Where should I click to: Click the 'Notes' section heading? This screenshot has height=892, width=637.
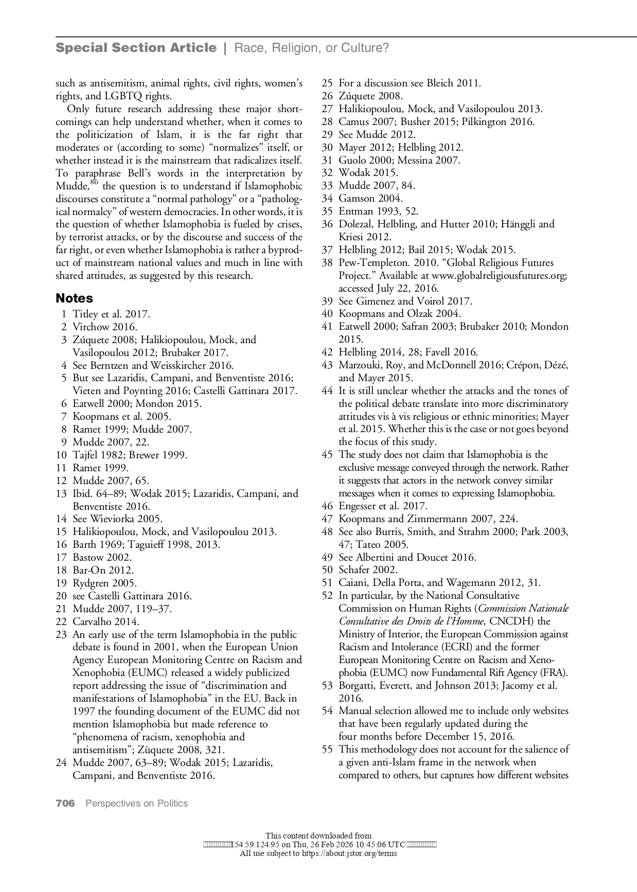tap(74, 298)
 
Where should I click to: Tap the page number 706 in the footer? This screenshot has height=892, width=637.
tap(65, 803)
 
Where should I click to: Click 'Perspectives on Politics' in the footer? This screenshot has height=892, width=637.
tap(136, 803)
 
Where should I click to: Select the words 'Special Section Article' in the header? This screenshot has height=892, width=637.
tap(136, 48)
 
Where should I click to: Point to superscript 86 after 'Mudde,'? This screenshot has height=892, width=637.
tap(94, 183)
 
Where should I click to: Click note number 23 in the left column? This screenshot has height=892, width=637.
tap(61, 634)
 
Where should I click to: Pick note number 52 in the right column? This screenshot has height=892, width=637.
tap(327, 596)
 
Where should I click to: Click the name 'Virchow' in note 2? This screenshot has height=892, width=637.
tap(92, 327)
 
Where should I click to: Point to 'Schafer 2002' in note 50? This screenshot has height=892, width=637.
tap(368, 570)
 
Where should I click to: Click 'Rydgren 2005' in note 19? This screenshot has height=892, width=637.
tap(104, 583)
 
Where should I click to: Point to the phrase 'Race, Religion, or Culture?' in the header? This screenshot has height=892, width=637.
tap(311, 48)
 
